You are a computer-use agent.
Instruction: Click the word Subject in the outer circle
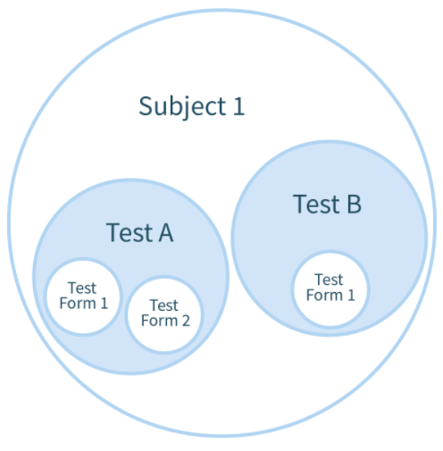tap(182, 107)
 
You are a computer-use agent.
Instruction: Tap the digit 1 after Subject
tap(238, 106)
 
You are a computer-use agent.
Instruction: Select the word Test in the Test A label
tap(130, 232)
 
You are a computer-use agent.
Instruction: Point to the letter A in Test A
tap(166, 232)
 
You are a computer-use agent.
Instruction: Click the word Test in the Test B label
tap(316, 204)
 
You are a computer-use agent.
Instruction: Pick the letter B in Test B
tap(355, 204)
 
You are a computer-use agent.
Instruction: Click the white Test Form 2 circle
tap(164, 314)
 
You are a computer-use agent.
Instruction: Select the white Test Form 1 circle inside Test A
tap(83, 296)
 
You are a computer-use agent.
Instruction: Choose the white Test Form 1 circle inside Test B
tap(330, 289)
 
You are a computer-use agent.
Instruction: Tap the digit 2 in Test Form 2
tap(186, 321)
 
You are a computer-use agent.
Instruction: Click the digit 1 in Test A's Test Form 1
tap(104, 304)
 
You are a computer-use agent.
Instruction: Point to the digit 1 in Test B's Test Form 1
tap(351, 296)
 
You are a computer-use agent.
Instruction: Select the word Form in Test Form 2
tap(159, 321)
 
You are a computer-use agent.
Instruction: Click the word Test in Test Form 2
tap(164, 305)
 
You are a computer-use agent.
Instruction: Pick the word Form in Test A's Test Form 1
tap(78, 304)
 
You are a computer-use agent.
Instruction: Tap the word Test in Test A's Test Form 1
tap(82, 288)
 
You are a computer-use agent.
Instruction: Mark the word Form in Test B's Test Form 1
tap(324, 296)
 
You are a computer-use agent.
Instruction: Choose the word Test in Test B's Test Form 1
tap(329, 280)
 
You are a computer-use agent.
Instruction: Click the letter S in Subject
tap(146, 106)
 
